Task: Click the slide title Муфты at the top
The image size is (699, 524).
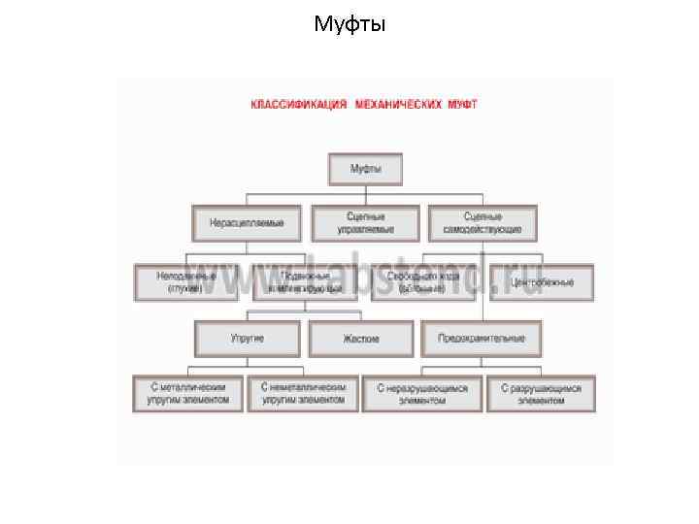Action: [x=349, y=23]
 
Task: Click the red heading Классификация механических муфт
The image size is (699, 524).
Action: [x=364, y=104]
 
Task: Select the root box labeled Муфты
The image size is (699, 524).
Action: [x=365, y=169]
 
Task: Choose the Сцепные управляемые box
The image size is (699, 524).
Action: [x=365, y=223]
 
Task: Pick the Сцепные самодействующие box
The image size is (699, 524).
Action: [x=483, y=223]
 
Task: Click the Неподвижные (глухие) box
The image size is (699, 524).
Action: [x=186, y=282]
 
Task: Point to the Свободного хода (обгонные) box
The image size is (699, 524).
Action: [x=422, y=282]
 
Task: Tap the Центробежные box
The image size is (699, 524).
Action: [x=542, y=282]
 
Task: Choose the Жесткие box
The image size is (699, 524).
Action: [x=361, y=339]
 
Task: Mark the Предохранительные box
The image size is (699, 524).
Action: [x=482, y=339]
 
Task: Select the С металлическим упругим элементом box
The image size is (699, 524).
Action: [x=188, y=393]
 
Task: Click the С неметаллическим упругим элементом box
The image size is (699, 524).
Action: [x=303, y=393]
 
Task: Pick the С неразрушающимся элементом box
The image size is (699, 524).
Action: [x=422, y=394]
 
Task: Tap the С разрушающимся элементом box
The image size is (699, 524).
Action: [x=541, y=394]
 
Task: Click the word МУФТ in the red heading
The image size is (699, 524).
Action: [x=462, y=104]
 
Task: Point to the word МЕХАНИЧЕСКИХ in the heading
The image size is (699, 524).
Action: [x=400, y=104]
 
